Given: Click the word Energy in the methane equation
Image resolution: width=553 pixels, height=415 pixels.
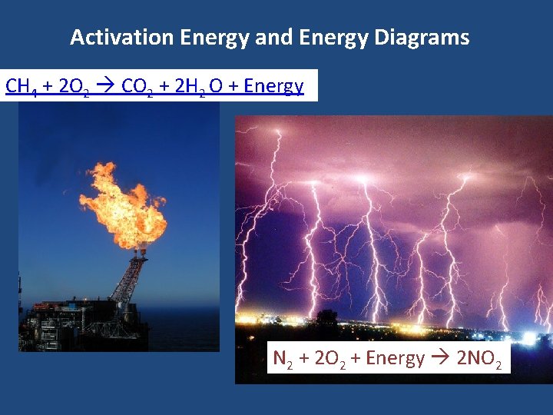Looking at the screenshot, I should pyautogui.click(x=273, y=86).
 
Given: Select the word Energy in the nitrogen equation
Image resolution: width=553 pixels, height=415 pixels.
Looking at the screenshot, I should pyautogui.click(x=395, y=359).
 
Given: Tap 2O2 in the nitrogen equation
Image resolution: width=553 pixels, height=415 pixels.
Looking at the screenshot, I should pyautogui.click(x=330, y=359).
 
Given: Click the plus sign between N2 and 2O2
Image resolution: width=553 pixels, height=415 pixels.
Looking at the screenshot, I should pyautogui.click(x=303, y=359).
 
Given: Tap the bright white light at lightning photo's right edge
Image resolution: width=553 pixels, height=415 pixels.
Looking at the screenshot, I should pyautogui.click(x=529, y=339).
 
